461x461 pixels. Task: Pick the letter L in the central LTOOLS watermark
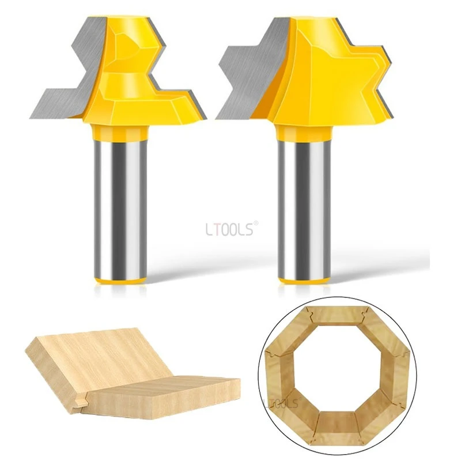(x=209, y=229)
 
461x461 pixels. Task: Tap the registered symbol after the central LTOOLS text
(x=256, y=225)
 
